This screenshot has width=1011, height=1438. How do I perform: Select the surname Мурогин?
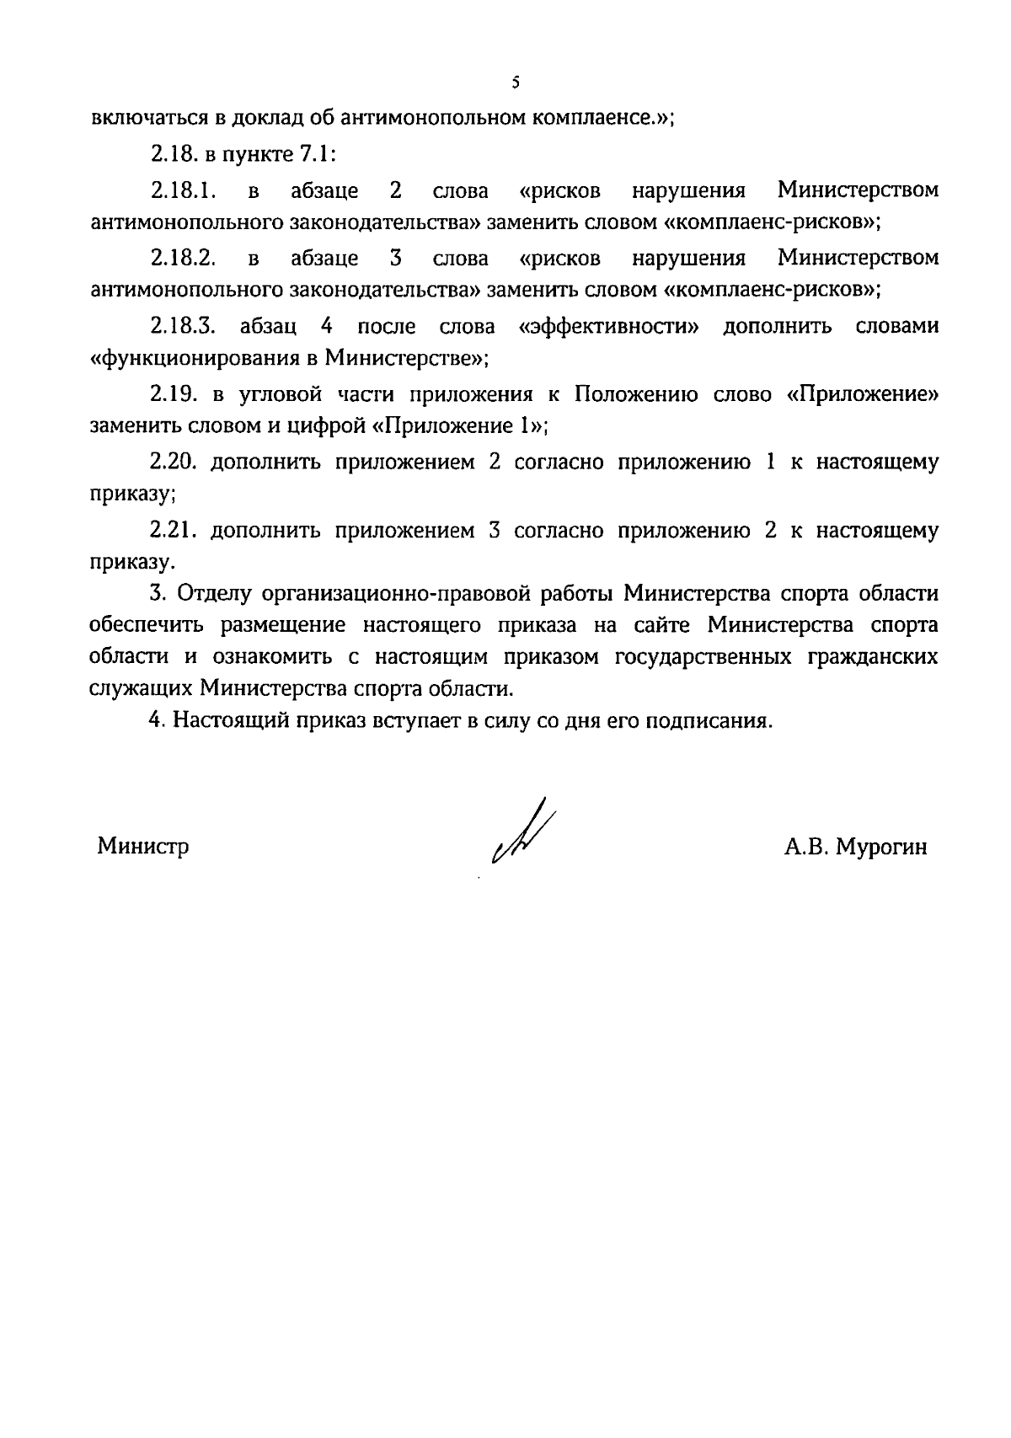881,847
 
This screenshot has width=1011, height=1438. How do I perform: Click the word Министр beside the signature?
143,846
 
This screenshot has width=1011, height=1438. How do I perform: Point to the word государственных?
703,657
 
